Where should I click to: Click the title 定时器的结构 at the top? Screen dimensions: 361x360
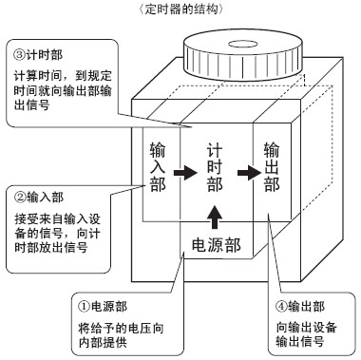(181, 9)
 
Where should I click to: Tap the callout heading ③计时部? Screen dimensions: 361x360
(38, 55)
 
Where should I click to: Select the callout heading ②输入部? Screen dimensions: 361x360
(39, 197)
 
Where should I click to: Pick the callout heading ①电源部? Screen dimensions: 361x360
(103, 307)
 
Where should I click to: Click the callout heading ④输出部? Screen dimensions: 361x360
(300, 307)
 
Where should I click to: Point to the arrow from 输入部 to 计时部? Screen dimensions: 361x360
(185, 173)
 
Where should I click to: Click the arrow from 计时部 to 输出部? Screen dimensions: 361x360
(249, 173)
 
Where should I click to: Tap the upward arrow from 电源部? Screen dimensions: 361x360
(215, 217)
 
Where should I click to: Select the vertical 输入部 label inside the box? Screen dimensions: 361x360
(158, 167)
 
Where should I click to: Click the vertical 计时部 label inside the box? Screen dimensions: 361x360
(215, 167)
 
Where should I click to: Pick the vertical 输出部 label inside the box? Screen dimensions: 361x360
(272, 167)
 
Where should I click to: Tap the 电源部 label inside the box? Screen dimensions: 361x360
(217, 245)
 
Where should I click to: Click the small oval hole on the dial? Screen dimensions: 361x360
(242, 44)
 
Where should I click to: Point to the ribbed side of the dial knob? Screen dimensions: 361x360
(242, 64)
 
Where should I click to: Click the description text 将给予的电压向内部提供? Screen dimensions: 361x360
(121, 335)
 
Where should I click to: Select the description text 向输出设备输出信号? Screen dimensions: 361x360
(306, 334)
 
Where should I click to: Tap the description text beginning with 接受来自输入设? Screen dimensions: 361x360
(57, 233)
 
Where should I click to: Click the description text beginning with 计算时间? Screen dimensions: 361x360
(63, 90)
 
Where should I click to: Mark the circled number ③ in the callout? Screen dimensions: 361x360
(19, 55)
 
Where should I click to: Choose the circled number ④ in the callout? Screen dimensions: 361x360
(281, 307)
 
